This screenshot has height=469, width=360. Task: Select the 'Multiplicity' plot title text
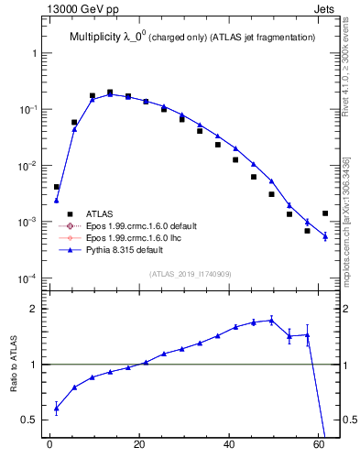click(x=99, y=38)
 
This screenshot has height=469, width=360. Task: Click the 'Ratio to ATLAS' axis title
click(x=15, y=365)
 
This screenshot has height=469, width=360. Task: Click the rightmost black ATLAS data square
click(x=325, y=213)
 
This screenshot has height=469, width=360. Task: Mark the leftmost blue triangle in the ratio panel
click(x=56, y=409)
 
